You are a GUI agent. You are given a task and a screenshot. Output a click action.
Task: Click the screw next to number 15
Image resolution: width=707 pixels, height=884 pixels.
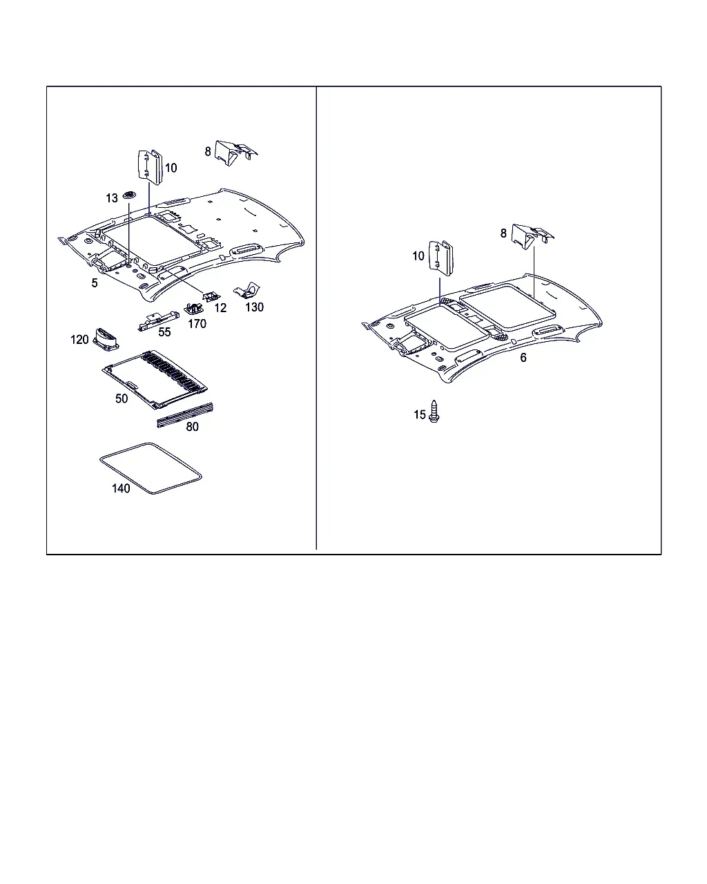click(434, 411)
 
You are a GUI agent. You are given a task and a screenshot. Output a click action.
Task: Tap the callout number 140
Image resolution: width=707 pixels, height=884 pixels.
click(121, 488)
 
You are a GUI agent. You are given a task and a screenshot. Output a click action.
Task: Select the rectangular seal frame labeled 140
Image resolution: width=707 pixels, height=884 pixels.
click(151, 468)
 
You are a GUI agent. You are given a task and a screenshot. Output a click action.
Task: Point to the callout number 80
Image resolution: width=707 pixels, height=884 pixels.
click(192, 427)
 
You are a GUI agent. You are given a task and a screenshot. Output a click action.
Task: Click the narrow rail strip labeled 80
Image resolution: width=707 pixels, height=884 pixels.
click(185, 415)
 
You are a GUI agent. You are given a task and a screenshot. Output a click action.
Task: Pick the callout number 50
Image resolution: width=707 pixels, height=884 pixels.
click(122, 398)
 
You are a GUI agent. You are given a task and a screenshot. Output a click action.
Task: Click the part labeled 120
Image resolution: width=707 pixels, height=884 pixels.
click(106, 339)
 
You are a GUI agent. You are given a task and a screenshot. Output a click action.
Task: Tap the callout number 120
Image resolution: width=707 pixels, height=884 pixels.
click(79, 340)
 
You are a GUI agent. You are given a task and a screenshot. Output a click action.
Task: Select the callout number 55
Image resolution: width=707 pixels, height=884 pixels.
click(165, 332)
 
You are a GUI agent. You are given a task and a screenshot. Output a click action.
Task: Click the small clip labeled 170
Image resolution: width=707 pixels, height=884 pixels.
click(193, 309)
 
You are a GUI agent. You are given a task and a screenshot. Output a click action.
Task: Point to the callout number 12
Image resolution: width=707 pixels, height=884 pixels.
click(220, 308)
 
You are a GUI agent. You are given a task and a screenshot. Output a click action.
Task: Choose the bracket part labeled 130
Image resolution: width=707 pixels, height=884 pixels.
click(247, 291)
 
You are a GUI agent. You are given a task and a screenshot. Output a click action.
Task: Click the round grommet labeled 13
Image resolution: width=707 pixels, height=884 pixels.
click(129, 195)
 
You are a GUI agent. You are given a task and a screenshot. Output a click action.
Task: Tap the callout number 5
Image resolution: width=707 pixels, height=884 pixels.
click(95, 283)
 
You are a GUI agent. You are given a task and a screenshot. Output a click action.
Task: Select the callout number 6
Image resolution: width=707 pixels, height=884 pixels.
click(523, 358)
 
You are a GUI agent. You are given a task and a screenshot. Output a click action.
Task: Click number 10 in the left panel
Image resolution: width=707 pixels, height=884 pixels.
click(171, 168)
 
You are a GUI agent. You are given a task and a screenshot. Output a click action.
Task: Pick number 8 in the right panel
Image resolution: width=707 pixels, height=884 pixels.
click(503, 233)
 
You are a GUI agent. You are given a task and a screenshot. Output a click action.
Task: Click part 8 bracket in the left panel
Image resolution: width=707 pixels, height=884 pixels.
click(236, 153)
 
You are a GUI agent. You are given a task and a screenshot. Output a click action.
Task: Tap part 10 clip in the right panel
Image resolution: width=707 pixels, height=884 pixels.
click(440, 258)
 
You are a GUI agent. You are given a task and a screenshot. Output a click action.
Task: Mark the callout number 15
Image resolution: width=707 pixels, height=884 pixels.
click(419, 415)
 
